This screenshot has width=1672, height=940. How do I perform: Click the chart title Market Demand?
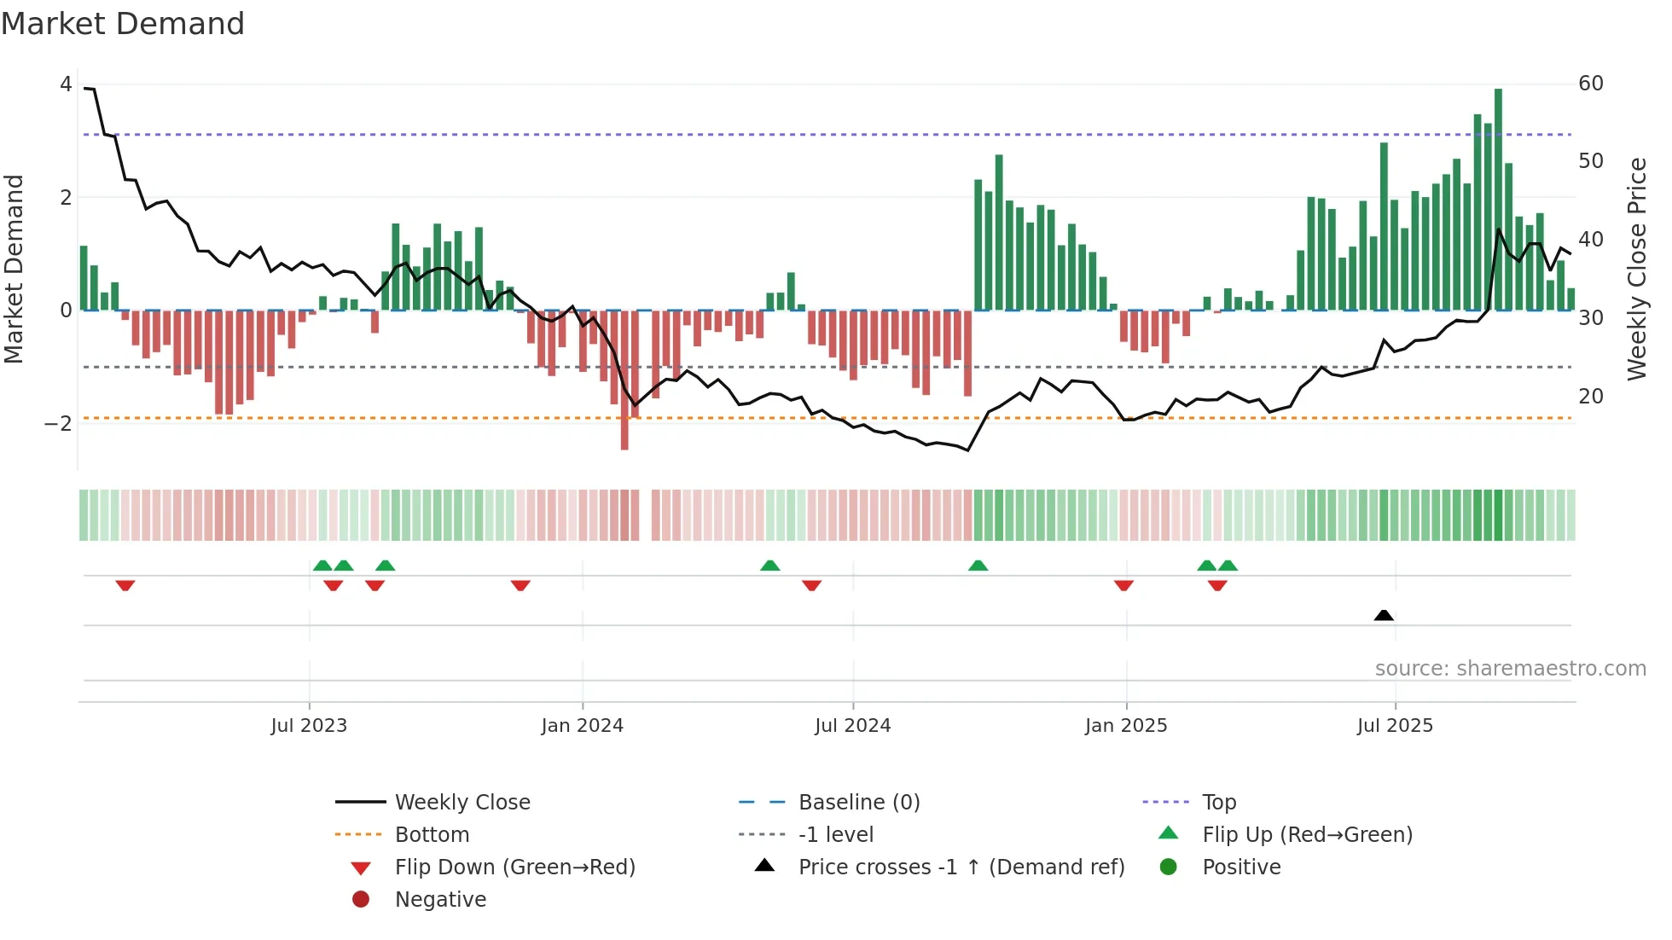pos(123,24)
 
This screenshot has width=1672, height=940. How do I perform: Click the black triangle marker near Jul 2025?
pos(1384,615)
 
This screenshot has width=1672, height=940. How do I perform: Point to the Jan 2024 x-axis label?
pos(582,726)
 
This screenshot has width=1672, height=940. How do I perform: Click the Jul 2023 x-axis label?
pos(309,726)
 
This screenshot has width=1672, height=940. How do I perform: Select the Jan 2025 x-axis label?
pos(1126,726)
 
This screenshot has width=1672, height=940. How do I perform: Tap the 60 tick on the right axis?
pos(1591,84)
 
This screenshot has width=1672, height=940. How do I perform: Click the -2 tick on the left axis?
pos(58,424)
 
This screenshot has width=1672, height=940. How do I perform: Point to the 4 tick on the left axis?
pos(66,84)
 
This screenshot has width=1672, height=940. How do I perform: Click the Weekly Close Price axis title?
pos(1636,269)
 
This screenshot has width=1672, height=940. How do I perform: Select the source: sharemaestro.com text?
pos(1510,669)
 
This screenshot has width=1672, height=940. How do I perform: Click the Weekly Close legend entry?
pos(462,803)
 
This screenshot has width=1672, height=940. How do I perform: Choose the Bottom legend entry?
pos(432,835)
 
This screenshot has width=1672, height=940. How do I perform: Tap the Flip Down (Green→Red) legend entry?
pos(514,867)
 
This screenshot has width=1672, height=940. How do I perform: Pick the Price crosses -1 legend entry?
pos(961,867)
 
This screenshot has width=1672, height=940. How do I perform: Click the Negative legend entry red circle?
pos(361,900)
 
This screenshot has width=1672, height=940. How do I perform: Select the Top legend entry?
pos(1219,803)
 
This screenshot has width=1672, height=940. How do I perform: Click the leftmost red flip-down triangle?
pos(125,585)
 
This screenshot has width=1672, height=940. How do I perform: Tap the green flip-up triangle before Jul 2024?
pos(769,566)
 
